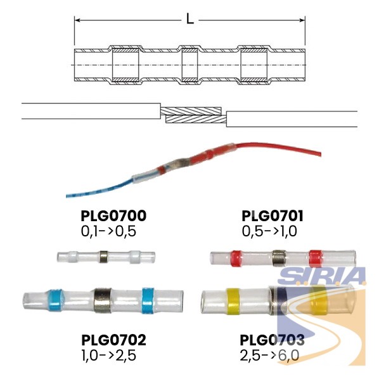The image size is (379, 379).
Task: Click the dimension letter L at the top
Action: [190, 19]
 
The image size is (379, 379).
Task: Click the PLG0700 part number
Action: [113, 216]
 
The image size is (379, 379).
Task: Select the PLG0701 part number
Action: [273, 216]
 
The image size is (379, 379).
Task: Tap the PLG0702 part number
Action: [113, 340]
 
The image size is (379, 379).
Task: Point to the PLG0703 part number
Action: [272, 340]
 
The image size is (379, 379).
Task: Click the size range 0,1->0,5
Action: [108, 231]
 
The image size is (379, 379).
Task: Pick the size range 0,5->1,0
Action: [269, 231]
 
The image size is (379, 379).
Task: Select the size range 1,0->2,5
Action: [109, 356]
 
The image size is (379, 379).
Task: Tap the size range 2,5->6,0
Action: [269, 356]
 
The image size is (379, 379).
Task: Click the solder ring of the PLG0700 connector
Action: [103, 257]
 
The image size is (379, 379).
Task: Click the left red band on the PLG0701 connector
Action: [236, 258]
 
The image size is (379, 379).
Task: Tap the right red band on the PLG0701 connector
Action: [315, 258]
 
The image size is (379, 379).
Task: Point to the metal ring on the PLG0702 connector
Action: [103, 300]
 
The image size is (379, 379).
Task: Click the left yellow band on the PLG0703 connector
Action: [233, 301]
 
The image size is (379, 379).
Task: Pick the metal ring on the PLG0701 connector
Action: [279, 258]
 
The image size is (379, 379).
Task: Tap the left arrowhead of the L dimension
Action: [77, 20]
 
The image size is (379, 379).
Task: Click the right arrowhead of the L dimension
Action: [302, 20]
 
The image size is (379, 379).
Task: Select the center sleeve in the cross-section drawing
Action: [189, 65]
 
